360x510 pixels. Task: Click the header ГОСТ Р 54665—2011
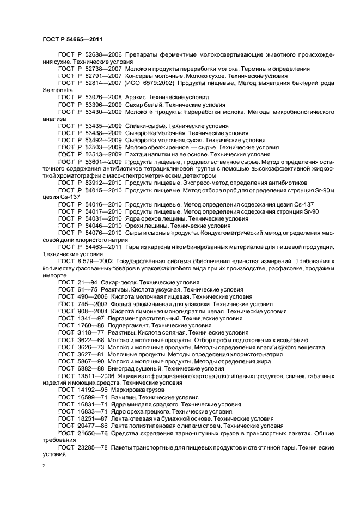72,39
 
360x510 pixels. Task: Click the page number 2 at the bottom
45,466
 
